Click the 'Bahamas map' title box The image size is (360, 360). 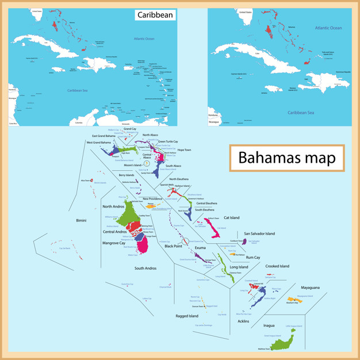286,157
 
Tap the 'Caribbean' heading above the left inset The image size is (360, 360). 155,16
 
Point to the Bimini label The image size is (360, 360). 81,220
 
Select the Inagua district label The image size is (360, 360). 269,325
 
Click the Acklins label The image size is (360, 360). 243,321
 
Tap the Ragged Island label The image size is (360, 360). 187,316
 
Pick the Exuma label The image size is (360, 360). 200,248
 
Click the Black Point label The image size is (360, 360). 173,246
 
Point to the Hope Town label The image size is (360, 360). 184,150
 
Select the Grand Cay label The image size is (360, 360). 130,129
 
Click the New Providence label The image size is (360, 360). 154,198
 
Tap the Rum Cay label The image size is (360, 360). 253,257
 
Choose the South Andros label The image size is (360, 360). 145,268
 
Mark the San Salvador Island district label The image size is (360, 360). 259,233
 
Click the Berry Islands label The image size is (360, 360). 127,175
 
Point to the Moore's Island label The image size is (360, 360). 133,165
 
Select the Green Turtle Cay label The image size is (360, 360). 168,141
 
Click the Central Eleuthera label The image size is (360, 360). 207,203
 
